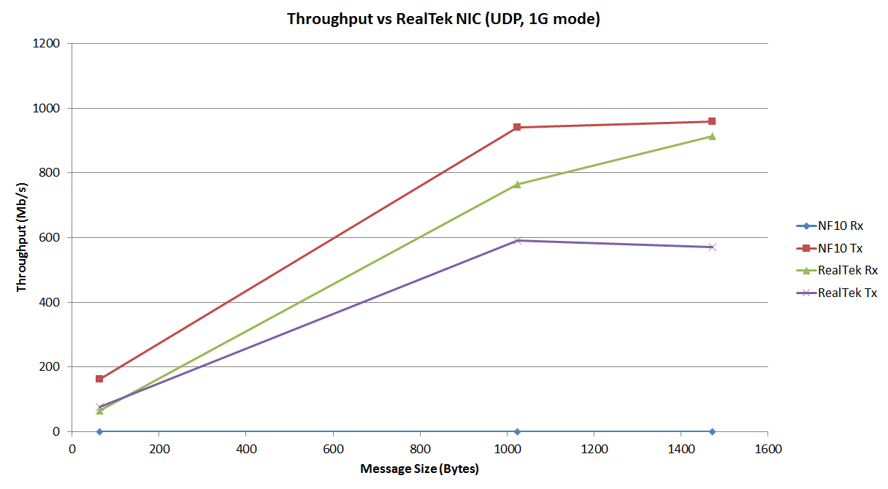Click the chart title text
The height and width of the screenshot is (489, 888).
443,19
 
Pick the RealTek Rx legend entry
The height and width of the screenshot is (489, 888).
847,271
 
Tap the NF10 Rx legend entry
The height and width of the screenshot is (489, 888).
841,226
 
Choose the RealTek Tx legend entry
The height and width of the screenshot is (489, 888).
847,293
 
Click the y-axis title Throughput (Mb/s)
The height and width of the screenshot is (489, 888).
21,237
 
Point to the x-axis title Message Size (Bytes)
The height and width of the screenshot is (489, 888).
419,469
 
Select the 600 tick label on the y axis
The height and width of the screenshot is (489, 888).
51,238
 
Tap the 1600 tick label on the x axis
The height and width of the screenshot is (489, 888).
768,447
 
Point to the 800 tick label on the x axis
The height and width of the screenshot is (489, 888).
420,447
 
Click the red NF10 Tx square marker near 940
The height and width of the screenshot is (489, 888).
517,127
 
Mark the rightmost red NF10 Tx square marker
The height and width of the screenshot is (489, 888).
712,121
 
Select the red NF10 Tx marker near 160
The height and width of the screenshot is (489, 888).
99,379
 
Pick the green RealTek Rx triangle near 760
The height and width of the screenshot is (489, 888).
517,185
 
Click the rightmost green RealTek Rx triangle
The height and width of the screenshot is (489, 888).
712,136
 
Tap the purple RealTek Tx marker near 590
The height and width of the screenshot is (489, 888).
517,240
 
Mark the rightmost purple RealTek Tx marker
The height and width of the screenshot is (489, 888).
712,247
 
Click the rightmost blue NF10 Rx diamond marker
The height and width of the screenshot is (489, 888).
712,431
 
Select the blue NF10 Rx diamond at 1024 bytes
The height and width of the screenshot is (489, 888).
517,431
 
